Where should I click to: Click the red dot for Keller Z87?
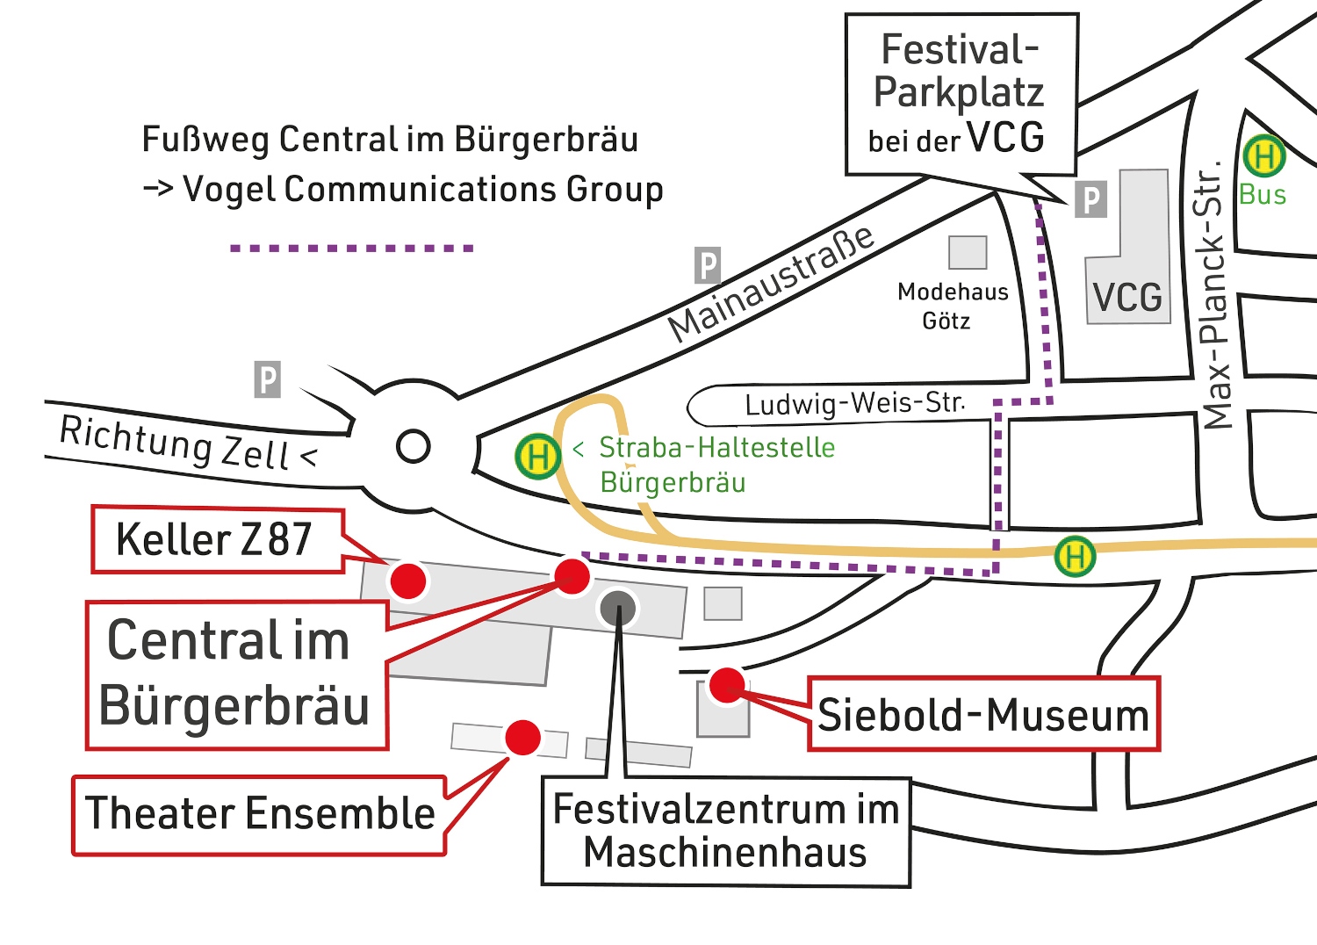pyautogui.click(x=408, y=581)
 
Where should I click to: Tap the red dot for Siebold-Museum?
pyautogui.click(x=727, y=685)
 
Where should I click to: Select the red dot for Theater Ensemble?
pyautogui.click(x=523, y=738)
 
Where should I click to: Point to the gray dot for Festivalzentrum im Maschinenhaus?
pyautogui.click(x=618, y=608)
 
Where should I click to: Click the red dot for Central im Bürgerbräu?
pyautogui.click(x=572, y=576)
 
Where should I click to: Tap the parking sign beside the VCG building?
pyautogui.click(x=1090, y=200)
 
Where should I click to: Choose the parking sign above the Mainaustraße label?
pyautogui.click(x=708, y=265)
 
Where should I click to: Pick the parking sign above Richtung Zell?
pyautogui.click(x=268, y=379)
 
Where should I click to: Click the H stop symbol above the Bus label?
pyautogui.click(x=1264, y=157)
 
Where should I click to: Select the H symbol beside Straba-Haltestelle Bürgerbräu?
pyautogui.click(x=538, y=457)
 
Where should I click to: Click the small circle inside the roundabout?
pyautogui.click(x=413, y=446)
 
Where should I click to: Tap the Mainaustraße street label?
pyautogui.click(x=771, y=283)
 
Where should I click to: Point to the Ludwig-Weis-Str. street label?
pyautogui.click(x=854, y=403)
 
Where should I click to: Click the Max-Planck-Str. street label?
pyautogui.click(x=1214, y=294)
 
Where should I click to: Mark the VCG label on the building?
pyautogui.click(x=1127, y=298)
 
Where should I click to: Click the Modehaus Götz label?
pyautogui.click(x=952, y=306)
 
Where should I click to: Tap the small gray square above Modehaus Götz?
pyautogui.click(x=968, y=252)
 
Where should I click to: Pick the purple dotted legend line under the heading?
pyautogui.click(x=351, y=249)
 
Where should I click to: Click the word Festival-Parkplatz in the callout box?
pyautogui.click(x=960, y=70)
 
